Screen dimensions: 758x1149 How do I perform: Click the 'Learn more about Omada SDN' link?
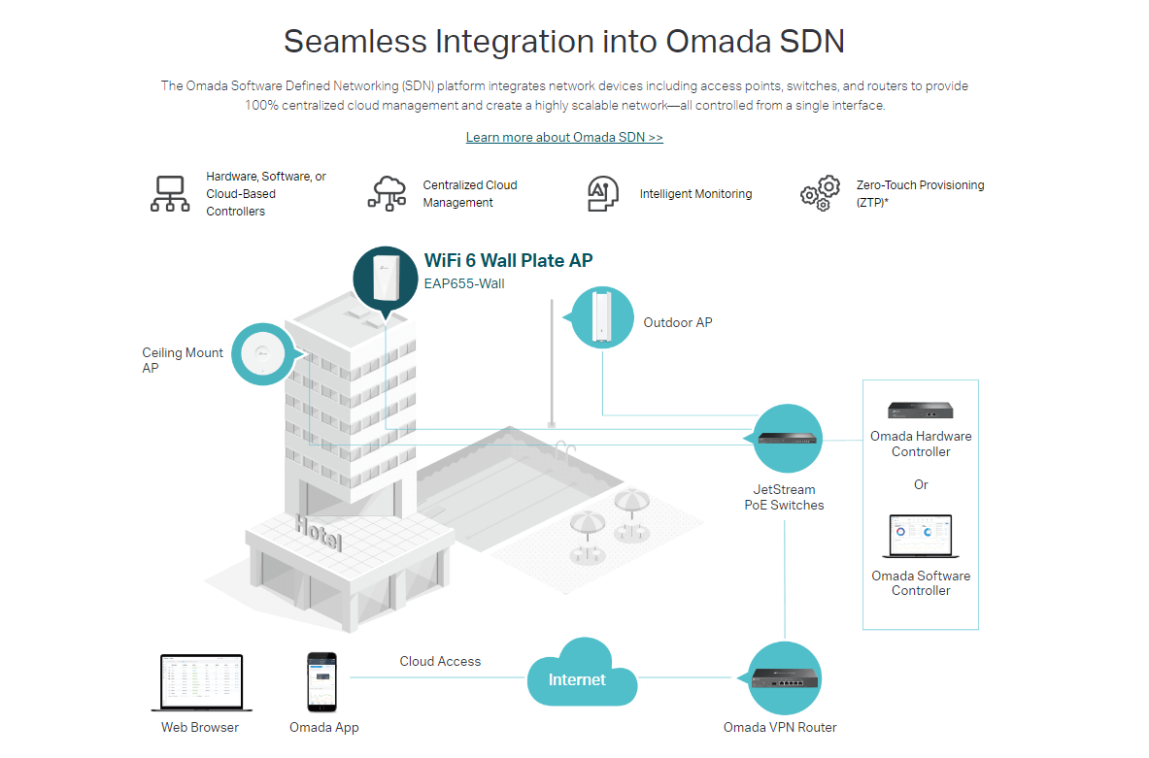(x=564, y=137)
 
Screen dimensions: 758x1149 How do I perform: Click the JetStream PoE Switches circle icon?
(x=788, y=440)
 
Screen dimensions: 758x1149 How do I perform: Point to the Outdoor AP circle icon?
(x=602, y=317)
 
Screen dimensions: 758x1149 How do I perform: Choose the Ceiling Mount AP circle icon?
(x=265, y=353)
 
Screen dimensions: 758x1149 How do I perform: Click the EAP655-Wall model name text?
(x=464, y=284)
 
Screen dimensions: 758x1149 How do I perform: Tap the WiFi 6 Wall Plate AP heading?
(x=508, y=260)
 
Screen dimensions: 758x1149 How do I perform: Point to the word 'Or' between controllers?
(x=921, y=484)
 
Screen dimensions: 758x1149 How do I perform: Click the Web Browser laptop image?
(x=201, y=683)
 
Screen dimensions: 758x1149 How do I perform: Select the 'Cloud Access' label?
(x=440, y=661)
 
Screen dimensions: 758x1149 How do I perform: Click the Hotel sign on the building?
(x=319, y=533)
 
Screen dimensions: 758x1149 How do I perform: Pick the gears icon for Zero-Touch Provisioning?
(x=820, y=193)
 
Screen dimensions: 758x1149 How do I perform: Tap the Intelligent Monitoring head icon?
(x=603, y=193)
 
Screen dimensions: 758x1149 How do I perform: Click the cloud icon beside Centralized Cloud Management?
(x=388, y=192)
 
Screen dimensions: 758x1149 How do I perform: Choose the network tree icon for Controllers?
(x=170, y=193)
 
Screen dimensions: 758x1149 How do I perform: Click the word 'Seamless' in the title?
(x=354, y=42)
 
